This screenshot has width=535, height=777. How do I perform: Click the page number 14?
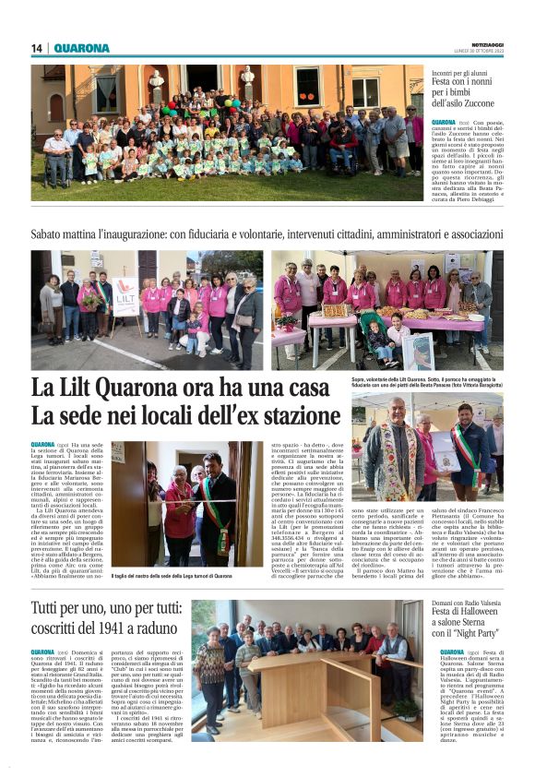[x=37, y=48]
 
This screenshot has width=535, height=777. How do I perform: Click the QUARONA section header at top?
[x=81, y=48]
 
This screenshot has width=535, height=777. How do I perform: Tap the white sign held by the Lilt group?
[x=125, y=296]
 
